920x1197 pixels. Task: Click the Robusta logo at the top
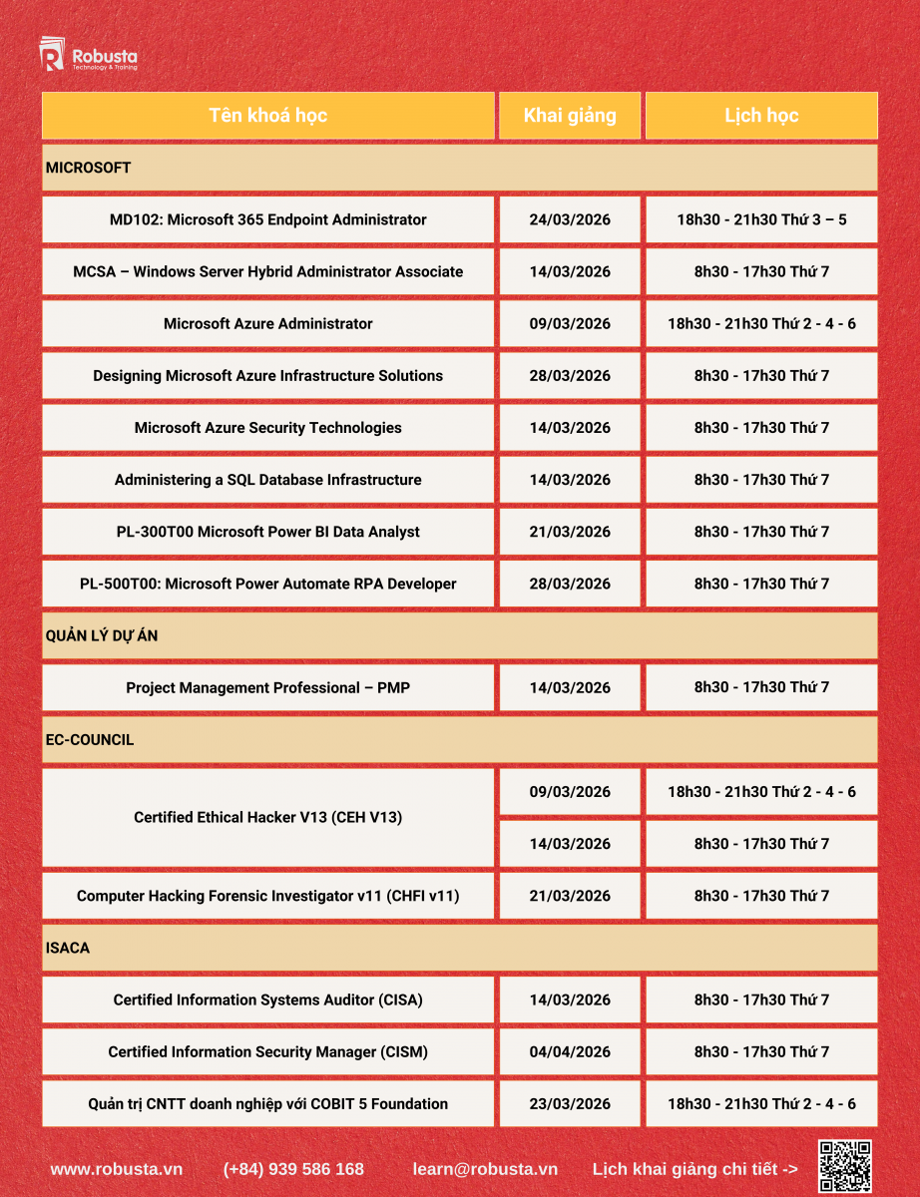tap(88, 57)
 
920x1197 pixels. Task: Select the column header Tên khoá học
tap(267, 116)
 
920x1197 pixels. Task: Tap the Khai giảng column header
tap(570, 116)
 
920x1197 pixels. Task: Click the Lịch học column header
tap(761, 116)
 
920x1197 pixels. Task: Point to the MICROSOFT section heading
tap(89, 168)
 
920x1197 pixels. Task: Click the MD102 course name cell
tap(267, 219)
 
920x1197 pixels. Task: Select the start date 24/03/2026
tap(570, 219)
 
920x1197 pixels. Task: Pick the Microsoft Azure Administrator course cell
tap(267, 323)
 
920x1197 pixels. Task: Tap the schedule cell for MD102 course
tap(761, 219)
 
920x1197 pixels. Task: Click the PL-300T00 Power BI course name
tap(267, 532)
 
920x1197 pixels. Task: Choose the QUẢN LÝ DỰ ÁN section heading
tap(102, 635)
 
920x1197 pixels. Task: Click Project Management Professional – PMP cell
tap(267, 687)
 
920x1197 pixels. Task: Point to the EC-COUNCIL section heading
tap(90, 740)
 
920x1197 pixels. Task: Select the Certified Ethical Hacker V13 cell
tap(267, 817)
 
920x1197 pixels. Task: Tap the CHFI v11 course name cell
tap(267, 896)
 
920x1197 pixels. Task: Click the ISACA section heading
tap(68, 948)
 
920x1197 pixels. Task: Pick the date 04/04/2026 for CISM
tap(570, 1051)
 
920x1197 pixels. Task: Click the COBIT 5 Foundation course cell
tap(267, 1103)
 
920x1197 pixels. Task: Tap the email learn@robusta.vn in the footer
tap(485, 1168)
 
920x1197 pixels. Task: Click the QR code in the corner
tap(845, 1166)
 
